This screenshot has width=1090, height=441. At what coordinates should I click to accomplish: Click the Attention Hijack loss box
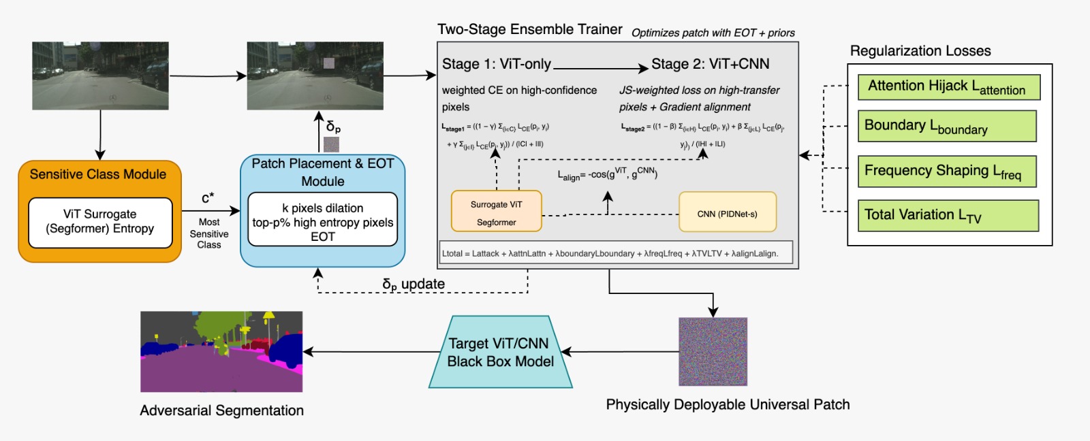coord(948,87)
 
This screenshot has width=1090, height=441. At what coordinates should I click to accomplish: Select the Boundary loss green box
coord(946,126)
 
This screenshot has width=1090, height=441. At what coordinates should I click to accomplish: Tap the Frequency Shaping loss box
coord(946,171)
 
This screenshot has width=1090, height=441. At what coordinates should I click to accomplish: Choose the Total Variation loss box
coord(948,216)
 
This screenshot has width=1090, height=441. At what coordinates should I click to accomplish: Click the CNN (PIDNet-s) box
coord(727,213)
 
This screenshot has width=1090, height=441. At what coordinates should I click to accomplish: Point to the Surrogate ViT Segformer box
coord(496,212)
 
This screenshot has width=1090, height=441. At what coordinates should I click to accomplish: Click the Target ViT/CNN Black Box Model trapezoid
coord(501,352)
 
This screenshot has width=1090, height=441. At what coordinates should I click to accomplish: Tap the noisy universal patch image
coord(713,352)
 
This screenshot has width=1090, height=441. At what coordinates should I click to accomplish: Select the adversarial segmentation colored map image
coord(221,351)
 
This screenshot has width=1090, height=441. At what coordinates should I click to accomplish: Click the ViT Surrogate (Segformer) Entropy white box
coord(100,222)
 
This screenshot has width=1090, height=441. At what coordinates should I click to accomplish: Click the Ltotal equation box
coord(616,253)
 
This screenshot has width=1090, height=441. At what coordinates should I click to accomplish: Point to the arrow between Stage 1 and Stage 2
coord(599,67)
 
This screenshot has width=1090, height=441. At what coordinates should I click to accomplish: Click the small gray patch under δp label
coord(331,144)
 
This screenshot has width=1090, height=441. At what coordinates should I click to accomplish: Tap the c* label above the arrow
coord(208,198)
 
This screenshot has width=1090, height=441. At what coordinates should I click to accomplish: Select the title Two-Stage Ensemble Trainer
coord(529,29)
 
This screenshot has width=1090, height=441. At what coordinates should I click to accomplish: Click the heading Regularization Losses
coord(920,51)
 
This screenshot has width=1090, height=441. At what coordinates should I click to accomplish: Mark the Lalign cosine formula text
coord(607,174)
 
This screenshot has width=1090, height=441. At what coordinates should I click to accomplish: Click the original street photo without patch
coord(100,76)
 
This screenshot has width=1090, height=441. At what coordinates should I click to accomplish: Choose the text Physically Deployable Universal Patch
coord(728,404)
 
